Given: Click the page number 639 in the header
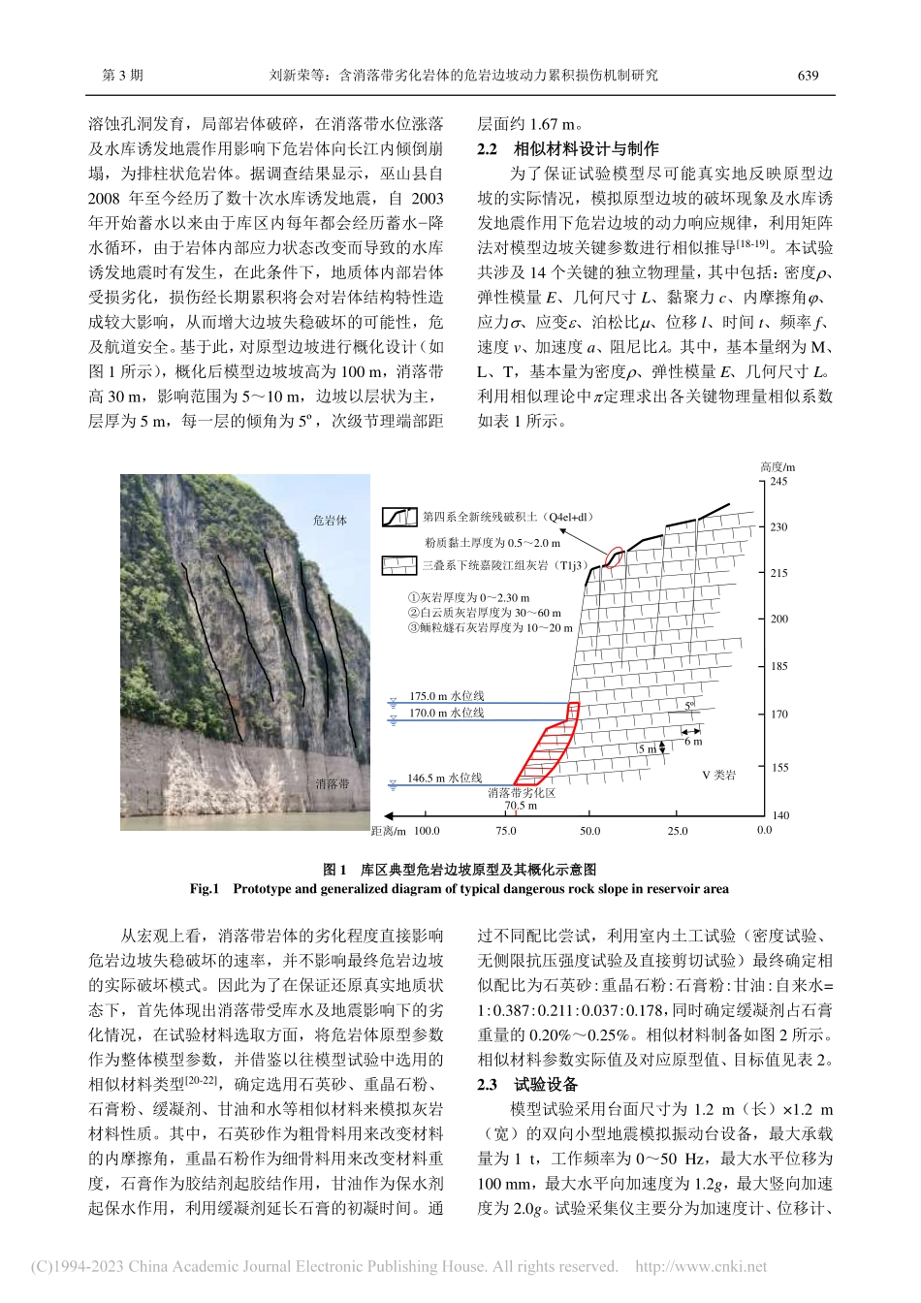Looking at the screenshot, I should point(808,75).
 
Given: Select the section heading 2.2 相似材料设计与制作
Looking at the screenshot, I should point(568,148).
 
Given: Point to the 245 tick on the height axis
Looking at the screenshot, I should point(778,482).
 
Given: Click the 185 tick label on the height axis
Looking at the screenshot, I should point(778,666).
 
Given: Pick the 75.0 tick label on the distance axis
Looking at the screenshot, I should point(506,831).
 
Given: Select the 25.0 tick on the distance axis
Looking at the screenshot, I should point(677,831).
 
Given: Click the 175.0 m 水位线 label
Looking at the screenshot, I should point(446,696).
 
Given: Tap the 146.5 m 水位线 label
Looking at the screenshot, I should point(444,778).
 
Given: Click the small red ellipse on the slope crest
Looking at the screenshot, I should point(615,556).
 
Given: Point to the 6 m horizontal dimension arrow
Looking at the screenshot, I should point(692,731).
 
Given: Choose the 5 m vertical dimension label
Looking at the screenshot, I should point(647,749).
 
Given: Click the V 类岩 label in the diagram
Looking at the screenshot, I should point(718,775).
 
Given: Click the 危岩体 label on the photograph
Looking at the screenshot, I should point(330,521).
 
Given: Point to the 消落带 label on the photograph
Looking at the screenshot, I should point(332,783).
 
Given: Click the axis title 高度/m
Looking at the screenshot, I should point(778,466).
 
